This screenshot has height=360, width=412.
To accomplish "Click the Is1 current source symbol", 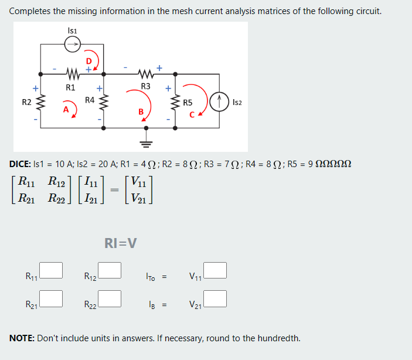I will pos(72,43).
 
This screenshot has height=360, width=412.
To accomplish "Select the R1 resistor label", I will pos(70,88).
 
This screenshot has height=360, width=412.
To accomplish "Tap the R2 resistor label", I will pos(26,103).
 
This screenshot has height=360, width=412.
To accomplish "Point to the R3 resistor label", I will pos(146,87).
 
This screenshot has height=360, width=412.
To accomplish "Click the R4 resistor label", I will pos(90,100).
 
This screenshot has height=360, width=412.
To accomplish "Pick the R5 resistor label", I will pos(188,103).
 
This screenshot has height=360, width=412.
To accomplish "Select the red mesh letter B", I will pos(141,111).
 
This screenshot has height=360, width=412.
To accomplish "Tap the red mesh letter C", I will pos(192,113).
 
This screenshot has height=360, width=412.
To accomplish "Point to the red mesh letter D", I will pos(89,60).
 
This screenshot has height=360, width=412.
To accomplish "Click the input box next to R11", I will pos(52,270).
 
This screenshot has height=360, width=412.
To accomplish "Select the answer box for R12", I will pos(110,270).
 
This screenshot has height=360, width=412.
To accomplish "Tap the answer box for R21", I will pos(52,298).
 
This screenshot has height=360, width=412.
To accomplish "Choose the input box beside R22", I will pos(110,298).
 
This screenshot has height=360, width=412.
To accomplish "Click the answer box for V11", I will pos(215,270).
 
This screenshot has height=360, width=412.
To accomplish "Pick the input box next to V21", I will pos(215,298).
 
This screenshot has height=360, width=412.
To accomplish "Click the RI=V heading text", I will pos(121,243).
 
